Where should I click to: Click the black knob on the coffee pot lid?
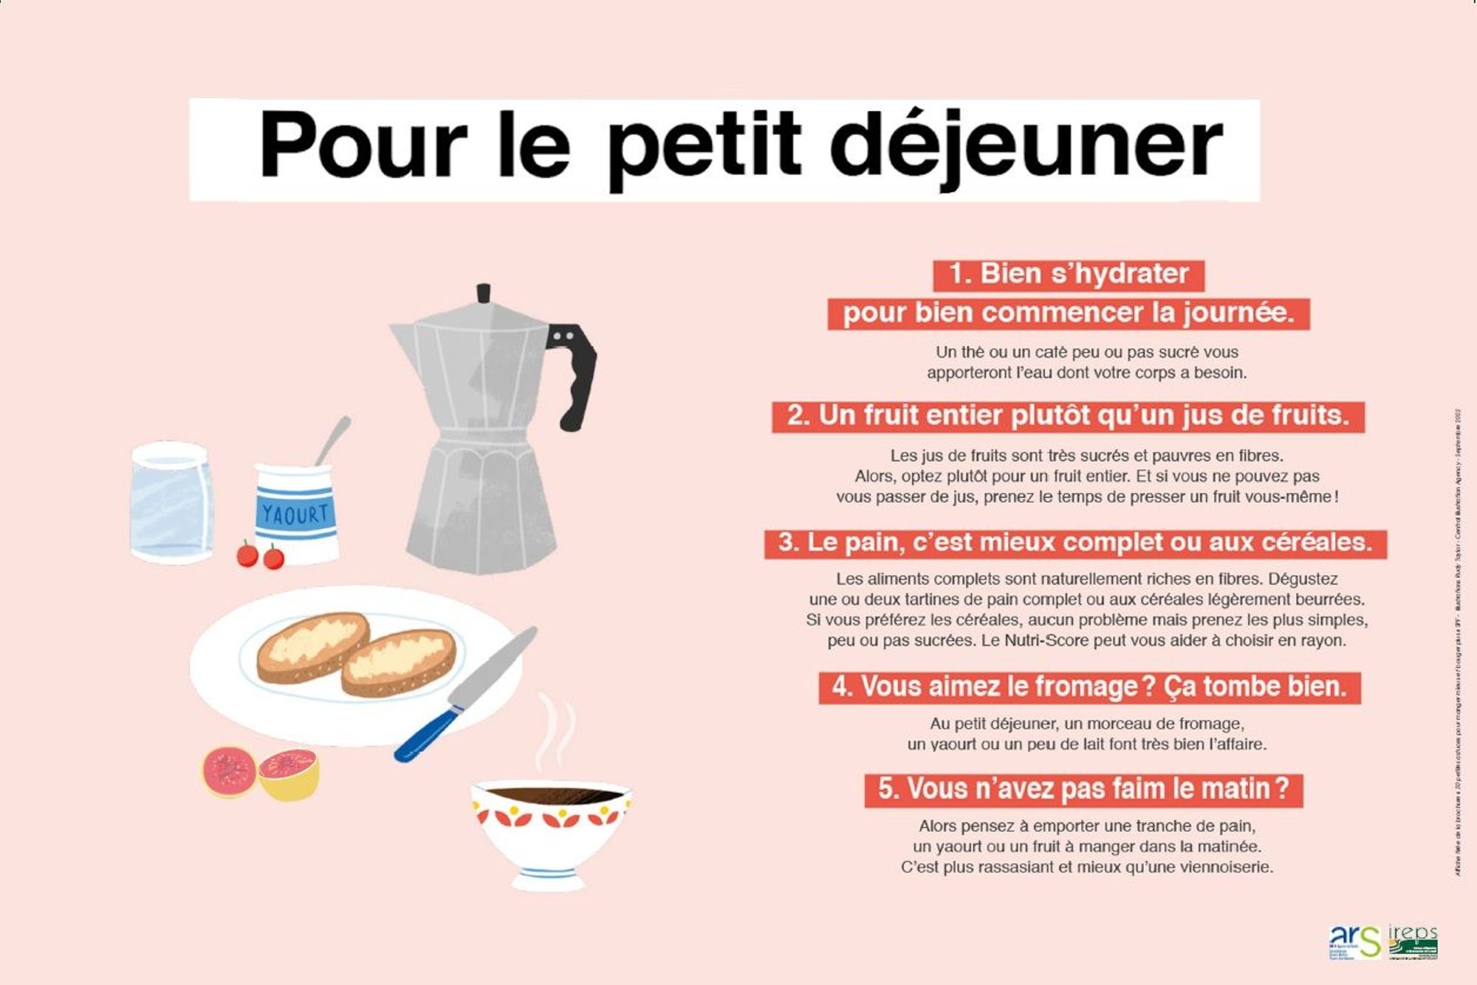pos(484,293)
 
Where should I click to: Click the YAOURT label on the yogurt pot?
pos(295,514)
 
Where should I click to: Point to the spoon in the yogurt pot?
pos(333,439)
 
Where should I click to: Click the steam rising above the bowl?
pos(555,731)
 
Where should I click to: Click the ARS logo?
pos(1354,942)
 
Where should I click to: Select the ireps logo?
pos(1413,942)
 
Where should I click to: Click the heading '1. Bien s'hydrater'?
pos(1068,275)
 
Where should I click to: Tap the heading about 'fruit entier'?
pos(1068,416)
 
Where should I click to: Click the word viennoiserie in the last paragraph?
pos(1227,868)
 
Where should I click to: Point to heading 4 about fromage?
pos(1089,687)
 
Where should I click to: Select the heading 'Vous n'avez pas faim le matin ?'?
pos(1083,790)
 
